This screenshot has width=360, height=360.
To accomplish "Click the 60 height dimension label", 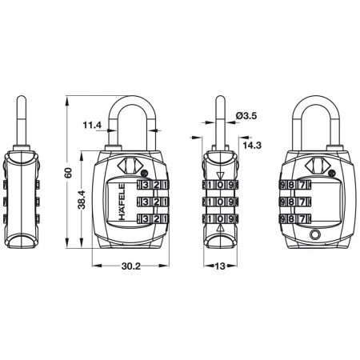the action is click(68, 173).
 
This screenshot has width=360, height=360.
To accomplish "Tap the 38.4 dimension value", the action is click(82, 199).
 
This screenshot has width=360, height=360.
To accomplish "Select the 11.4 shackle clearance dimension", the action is click(92, 125).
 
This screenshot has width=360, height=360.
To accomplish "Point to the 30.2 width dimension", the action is click(130, 266).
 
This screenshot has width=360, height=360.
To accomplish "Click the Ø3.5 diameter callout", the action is click(246, 116).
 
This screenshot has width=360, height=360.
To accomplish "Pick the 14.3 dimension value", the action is click(252, 146).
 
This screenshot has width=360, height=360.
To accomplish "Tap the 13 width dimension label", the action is click(220, 266).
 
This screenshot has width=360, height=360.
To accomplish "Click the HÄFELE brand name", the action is click(122, 202).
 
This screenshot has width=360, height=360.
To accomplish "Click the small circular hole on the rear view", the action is click(314, 234).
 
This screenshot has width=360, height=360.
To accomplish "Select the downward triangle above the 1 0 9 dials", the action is click(220, 175).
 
